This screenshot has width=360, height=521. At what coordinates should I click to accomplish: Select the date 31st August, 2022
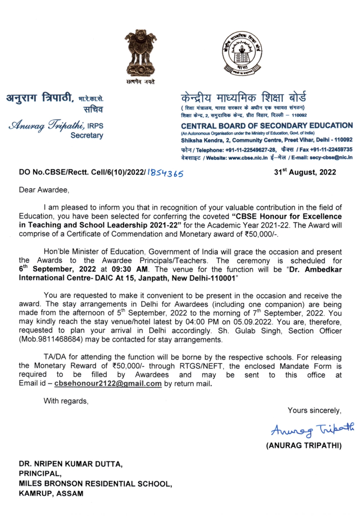point(305,172)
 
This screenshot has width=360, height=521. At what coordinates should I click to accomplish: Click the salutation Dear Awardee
point(44,190)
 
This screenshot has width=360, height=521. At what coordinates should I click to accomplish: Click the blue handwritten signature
point(312,430)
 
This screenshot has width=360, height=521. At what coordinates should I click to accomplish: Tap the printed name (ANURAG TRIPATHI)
point(303,445)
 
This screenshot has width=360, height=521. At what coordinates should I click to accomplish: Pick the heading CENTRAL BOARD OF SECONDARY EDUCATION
point(267,126)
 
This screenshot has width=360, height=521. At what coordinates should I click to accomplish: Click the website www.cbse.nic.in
point(248,158)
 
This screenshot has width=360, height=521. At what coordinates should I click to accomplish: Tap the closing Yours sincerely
point(314,411)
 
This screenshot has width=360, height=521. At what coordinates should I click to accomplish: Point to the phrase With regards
point(66,401)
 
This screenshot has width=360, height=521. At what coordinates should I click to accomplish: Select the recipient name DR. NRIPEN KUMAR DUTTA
point(70,464)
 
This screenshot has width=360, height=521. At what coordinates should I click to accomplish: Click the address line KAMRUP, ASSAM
point(51,493)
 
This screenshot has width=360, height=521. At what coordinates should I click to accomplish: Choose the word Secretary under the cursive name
point(87,135)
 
